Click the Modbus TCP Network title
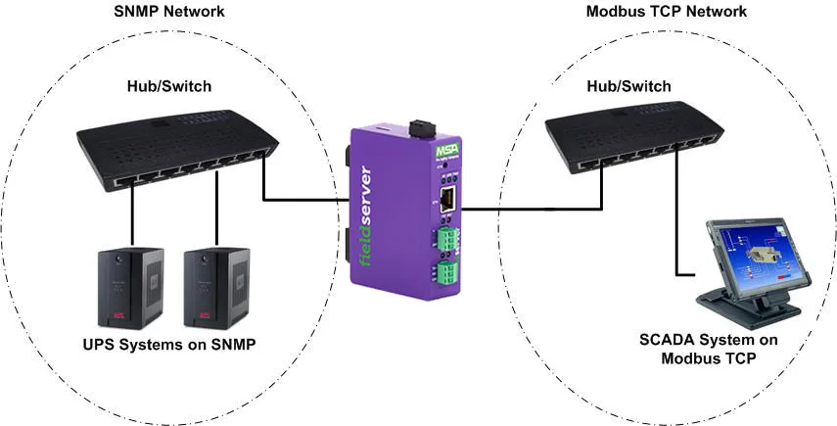coord(666,12)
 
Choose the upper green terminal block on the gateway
coord(448,238)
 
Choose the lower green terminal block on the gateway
coord(448,272)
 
